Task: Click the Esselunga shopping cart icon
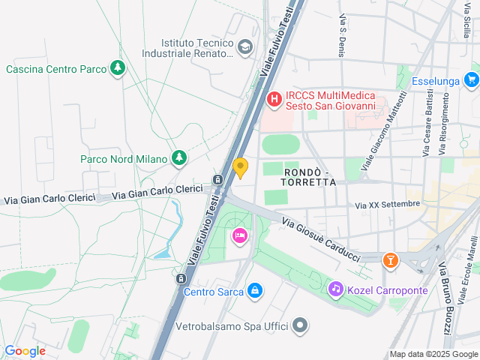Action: click(471, 79)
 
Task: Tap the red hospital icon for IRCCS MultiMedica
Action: click(274, 98)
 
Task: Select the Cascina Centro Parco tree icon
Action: click(118, 69)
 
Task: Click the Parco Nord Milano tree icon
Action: click(178, 158)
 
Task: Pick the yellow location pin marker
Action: click(241, 167)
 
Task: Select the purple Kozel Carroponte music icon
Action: click(335, 289)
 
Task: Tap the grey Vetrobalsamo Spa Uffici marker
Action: click(300, 326)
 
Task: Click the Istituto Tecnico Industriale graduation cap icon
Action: click(244, 49)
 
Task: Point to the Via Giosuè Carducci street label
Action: click(321, 239)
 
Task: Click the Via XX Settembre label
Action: click(387, 204)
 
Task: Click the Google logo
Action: click(25, 350)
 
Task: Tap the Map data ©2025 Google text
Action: click(433, 354)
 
